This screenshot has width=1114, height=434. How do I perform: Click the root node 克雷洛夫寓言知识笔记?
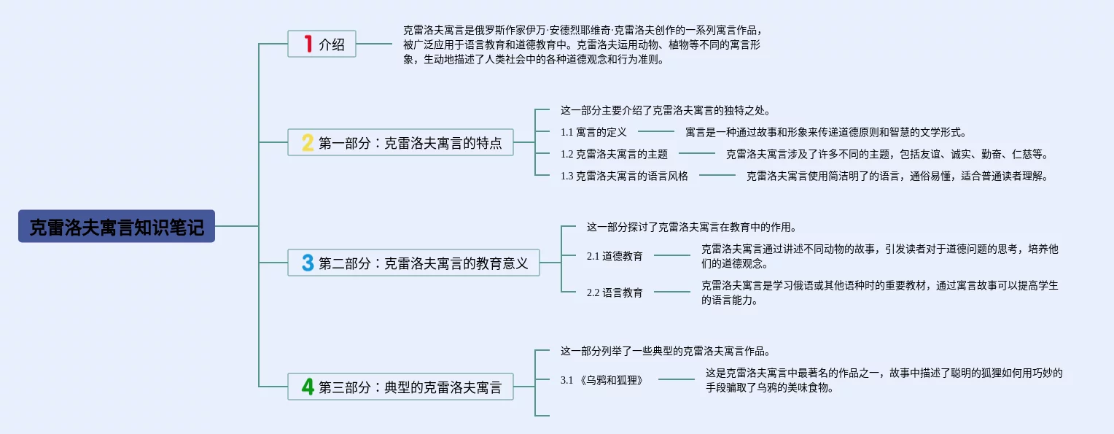117,227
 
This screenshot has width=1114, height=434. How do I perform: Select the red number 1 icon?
308,44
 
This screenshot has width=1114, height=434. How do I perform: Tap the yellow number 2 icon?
308,142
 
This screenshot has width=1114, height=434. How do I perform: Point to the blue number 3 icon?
308,263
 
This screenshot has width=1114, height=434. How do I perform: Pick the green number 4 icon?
308,387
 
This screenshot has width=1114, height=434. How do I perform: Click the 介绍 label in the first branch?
332,44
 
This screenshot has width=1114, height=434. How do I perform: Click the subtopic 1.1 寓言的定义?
593,132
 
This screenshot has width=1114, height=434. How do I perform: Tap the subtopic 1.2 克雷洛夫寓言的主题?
614,154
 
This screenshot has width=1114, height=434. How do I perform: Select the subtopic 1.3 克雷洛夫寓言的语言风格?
624,176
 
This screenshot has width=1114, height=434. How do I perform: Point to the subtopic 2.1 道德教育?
615,256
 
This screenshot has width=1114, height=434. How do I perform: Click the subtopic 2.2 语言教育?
615,292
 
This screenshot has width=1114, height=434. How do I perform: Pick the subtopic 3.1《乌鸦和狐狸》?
602,380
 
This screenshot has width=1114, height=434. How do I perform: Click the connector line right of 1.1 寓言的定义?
656,132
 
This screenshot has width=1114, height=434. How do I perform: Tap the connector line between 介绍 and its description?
374,44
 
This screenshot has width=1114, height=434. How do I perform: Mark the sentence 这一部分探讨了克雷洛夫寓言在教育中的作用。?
685,227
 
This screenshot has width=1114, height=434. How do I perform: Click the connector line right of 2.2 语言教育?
671,292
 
